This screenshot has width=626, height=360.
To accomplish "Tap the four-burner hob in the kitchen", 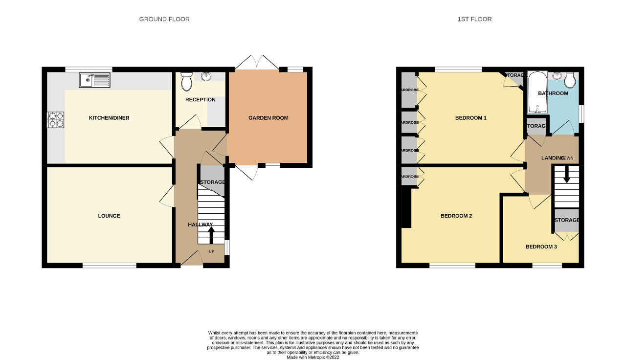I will (56, 119).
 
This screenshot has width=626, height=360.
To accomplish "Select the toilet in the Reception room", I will (186, 82).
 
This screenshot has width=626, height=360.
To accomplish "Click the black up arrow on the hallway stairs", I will (211, 236).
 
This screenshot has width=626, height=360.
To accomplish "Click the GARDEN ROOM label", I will (268, 118).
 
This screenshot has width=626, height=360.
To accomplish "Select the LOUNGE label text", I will (109, 216).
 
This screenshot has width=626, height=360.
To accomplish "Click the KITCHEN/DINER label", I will (109, 118).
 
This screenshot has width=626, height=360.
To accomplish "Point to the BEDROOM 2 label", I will (456, 216).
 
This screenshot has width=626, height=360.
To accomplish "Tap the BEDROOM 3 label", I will (541, 247).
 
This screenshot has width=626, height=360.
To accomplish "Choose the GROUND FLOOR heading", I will (164, 19).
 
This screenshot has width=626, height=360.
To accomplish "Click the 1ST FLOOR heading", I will (474, 19).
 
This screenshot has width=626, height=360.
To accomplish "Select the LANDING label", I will (553, 158).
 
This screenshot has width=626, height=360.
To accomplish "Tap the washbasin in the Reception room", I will (205, 76).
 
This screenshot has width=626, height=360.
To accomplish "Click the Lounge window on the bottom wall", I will (109, 266).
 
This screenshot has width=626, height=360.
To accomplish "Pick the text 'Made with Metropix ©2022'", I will (313, 357).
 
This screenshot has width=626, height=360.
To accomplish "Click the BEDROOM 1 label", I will (470, 118).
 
